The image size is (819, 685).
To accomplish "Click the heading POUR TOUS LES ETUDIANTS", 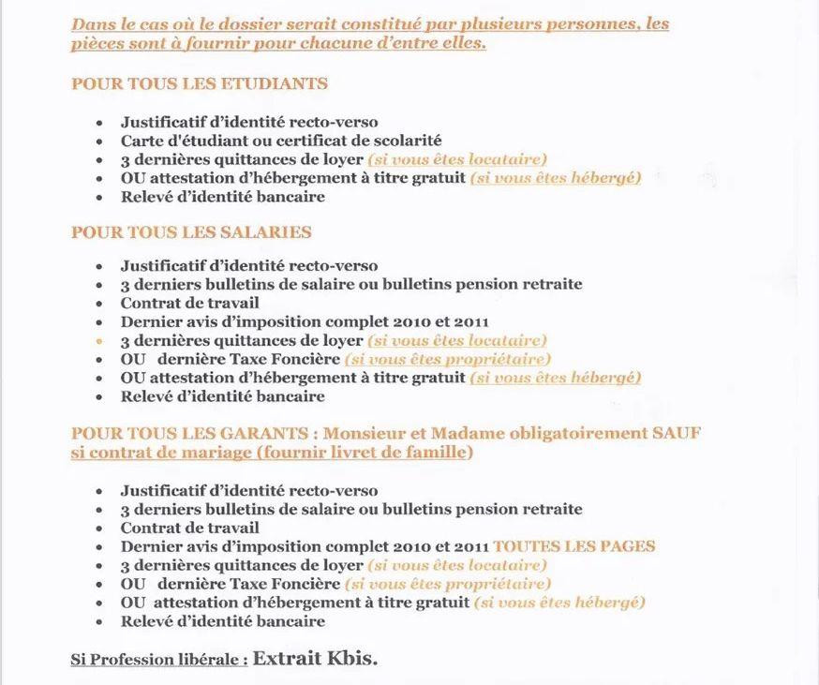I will [200, 83].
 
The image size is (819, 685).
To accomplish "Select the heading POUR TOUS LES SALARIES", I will [191, 232].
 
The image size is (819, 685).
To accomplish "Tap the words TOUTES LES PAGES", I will [574, 546].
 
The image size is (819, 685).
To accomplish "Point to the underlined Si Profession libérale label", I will [159, 660].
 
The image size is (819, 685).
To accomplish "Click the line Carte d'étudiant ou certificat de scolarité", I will [281, 141].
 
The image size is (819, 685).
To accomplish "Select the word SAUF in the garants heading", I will [677, 433].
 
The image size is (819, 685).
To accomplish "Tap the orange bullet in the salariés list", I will [98, 341].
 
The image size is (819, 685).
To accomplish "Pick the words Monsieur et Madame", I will [386, 433].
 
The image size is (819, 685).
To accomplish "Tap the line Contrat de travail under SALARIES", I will [189, 303].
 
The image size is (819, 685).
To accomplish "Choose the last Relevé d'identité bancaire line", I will [222, 620].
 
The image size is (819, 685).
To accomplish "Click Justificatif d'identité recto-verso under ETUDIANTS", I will [249, 122].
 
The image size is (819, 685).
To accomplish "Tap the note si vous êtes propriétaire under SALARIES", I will [448, 359].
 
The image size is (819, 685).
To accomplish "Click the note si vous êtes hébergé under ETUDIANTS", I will [555, 178].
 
